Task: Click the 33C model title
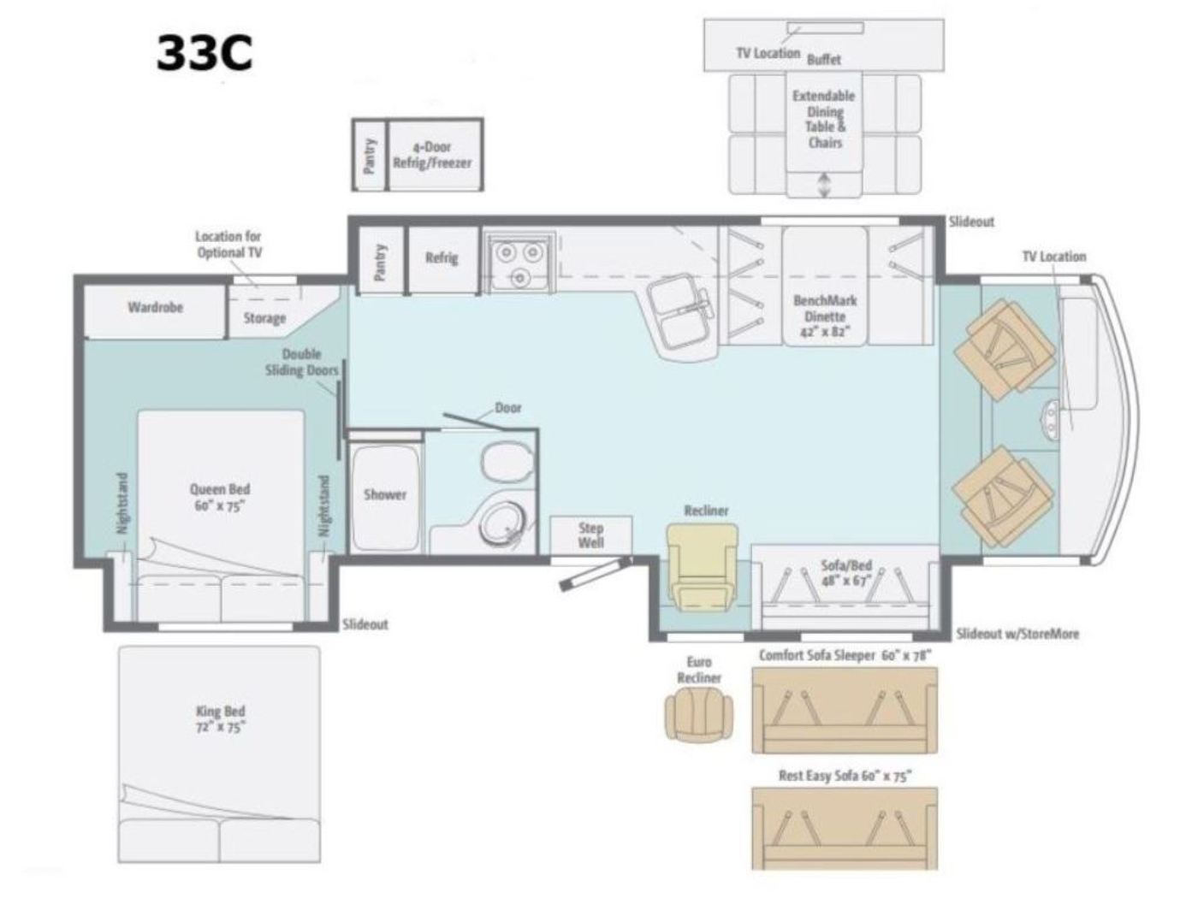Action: [205, 53]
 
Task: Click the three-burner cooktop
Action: [519, 263]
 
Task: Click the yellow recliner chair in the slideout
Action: [703, 566]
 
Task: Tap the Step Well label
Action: [590, 535]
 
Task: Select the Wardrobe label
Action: [156, 307]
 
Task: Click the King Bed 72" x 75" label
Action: [221, 719]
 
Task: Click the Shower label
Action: [385, 494]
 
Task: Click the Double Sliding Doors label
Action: [302, 362]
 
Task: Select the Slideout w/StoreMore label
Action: [1017, 634]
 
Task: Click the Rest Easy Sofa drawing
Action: [845, 828]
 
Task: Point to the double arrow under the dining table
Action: [823, 185]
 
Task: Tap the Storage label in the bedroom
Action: [264, 318]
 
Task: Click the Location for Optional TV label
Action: [229, 245]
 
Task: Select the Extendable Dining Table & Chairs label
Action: [824, 120]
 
